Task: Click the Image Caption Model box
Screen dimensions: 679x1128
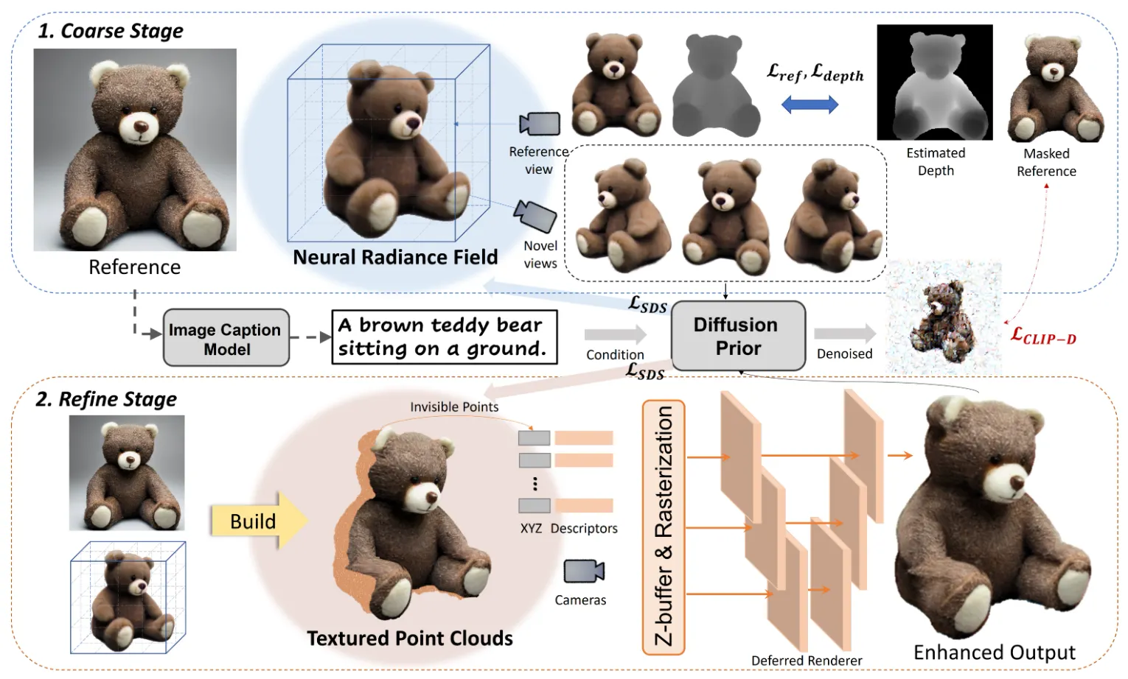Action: (226, 338)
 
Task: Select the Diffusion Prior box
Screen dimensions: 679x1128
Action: (737, 336)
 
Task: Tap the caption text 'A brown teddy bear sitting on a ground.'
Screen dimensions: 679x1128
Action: (444, 337)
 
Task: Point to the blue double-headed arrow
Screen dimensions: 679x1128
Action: (810, 105)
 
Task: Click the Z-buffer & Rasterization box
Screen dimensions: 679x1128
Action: (664, 527)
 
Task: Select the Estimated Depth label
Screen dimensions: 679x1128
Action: (936, 162)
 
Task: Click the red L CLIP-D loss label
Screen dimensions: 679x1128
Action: (1043, 337)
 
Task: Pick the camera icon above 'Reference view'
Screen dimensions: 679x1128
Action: (540, 124)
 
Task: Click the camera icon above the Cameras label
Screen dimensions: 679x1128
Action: (583, 571)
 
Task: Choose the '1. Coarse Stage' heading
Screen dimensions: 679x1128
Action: (111, 31)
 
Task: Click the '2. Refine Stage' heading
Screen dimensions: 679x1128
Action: (106, 399)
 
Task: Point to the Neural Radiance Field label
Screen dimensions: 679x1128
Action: (395, 257)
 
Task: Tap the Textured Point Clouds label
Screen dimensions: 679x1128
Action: (410, 638)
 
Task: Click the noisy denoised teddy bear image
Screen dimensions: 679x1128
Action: (943, 317)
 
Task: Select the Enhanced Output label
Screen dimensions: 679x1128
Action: (994, 652)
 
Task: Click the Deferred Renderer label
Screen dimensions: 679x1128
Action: (807, 661)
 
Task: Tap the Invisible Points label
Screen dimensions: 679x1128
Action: (454, 407)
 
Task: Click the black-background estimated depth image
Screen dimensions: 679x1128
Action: (934, 82)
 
